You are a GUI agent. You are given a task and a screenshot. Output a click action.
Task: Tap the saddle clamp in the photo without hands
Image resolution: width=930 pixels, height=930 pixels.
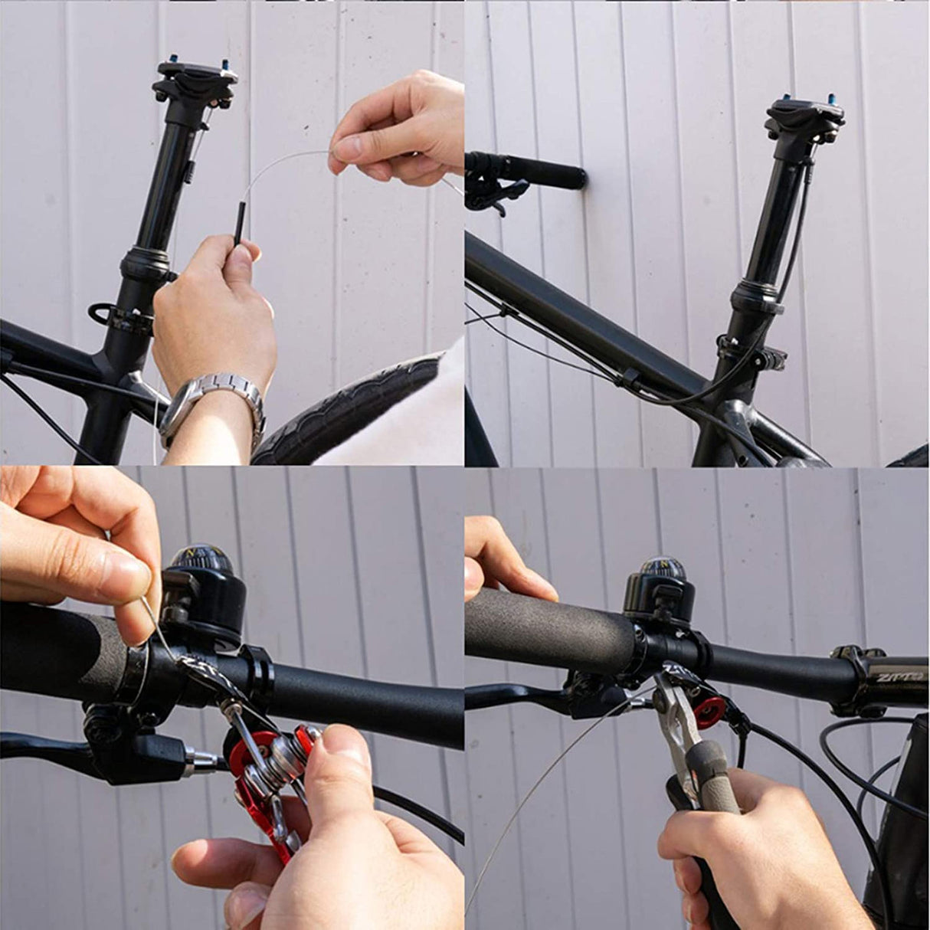pyautogui.click(x=804, y=119)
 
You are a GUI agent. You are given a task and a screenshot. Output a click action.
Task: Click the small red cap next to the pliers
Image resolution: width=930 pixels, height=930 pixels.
pyautogui.click(x=709, y=712)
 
